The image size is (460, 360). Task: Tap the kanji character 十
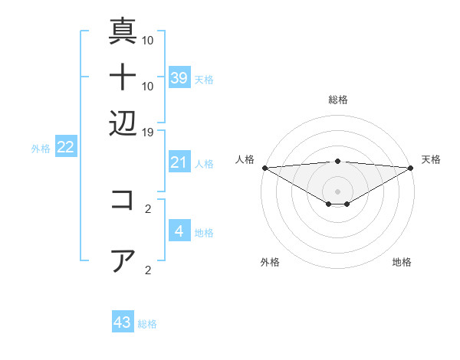coord(123,77)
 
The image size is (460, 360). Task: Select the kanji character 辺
coord(123,123)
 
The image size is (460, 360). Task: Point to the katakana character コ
coord(123,200)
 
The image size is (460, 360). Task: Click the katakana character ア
coord(123,260)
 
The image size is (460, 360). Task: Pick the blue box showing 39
coord(179,77)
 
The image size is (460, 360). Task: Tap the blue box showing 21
coord(179,162)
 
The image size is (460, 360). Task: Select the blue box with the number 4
coord(179,231)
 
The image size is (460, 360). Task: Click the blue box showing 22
coord(65,147)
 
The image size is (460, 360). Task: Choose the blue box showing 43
coord(123,322)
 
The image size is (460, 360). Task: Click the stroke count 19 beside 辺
coord(148,133)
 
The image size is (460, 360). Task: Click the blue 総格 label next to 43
coord(147,324)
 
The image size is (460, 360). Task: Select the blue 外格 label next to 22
coord(40,149)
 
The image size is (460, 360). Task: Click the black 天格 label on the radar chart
coord(431,159)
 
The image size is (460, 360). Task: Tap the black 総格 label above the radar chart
coord(337,100)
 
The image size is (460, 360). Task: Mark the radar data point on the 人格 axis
coord(264,168)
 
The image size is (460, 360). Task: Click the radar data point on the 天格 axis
coord(410,168)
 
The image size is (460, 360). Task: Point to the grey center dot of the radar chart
coord(337,191)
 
